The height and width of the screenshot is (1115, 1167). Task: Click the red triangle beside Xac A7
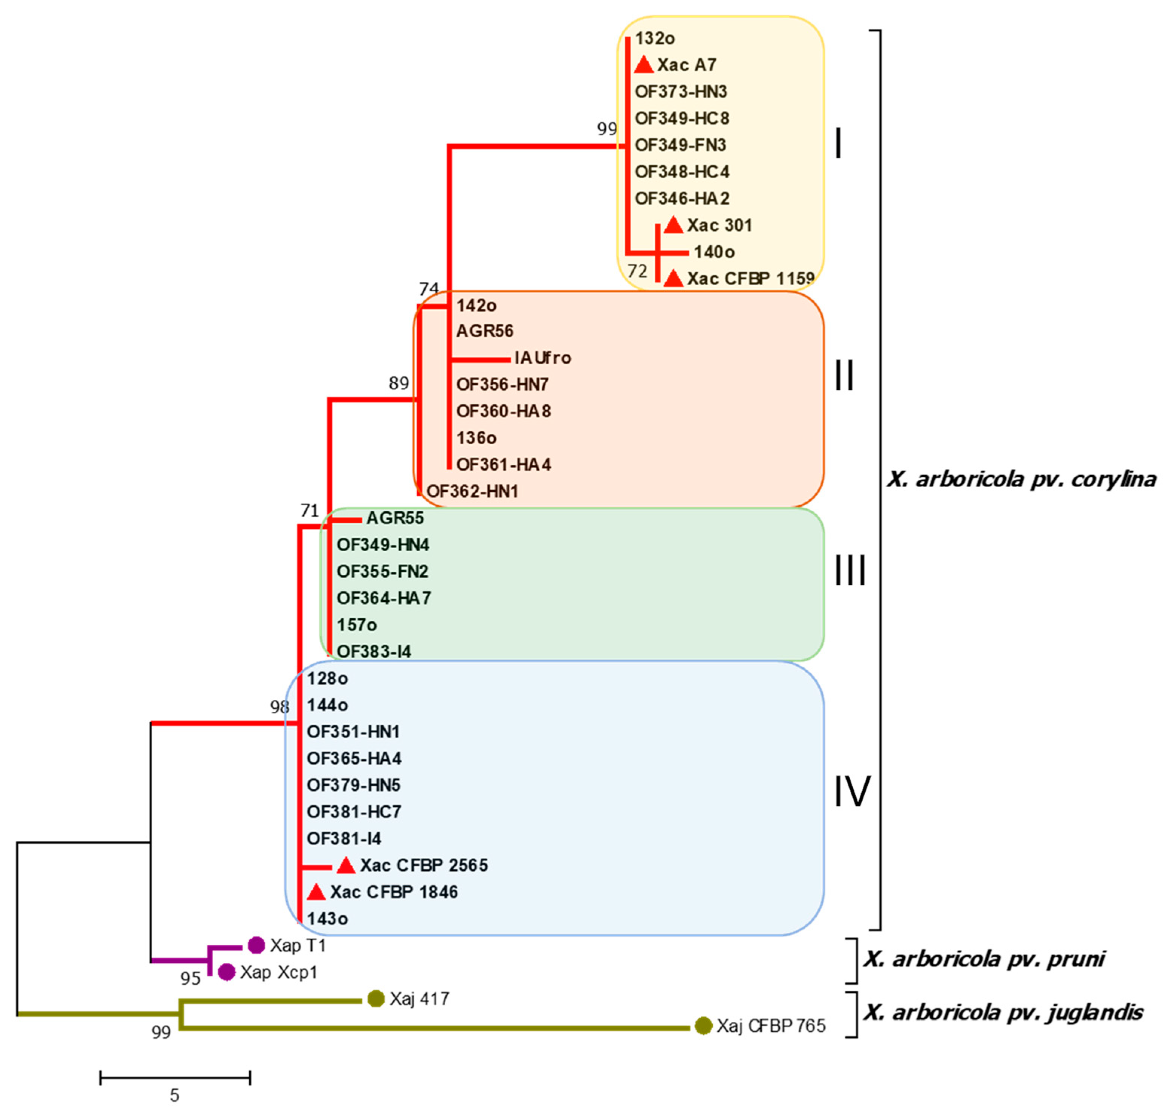pyautogui.click(x=643, y=65)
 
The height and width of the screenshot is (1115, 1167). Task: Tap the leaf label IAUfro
pyautogui.click(x=542, y=358)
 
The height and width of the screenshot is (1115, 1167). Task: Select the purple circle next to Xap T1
pyautogui.click(x=256, y=945)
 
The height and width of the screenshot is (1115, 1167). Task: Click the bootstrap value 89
pyautogui.click(x=399, y=383)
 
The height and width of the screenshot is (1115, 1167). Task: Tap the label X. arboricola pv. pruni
pyautogui.click(x=984, y=959)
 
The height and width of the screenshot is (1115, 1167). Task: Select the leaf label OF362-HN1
pyautogui.click(x=472, y=491)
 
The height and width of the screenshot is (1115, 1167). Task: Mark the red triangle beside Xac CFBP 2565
pyautogui.click(x=346, y=866)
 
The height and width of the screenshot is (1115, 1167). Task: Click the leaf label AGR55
pyautogui.click(x=394, y=518)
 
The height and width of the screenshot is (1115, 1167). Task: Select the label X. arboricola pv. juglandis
pyautogui.click(x=1003, y=1012)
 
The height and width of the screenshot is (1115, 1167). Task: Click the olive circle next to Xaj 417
pyautogui.click(x=376, y=999)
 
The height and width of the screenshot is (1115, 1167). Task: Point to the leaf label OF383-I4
pyautogui.click(x=374, y=652)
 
